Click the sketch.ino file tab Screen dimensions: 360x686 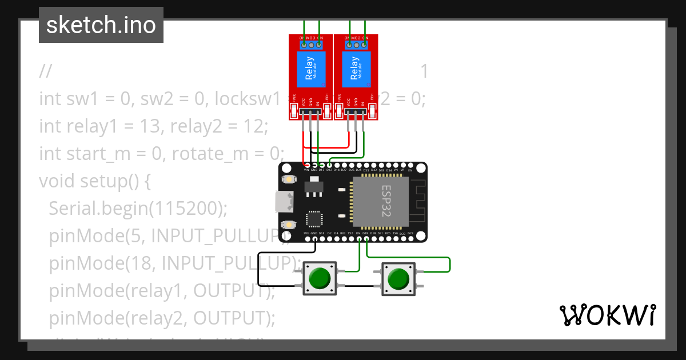pos(101,25)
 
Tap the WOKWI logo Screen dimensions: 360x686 pos(607,315)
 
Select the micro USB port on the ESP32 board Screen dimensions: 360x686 pos(282,201)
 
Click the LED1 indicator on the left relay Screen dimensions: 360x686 pos(327,111)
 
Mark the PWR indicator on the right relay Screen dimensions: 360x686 pos(340,111)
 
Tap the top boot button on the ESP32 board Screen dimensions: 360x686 pos(289,179)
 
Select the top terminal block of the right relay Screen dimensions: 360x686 pos(356,44)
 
